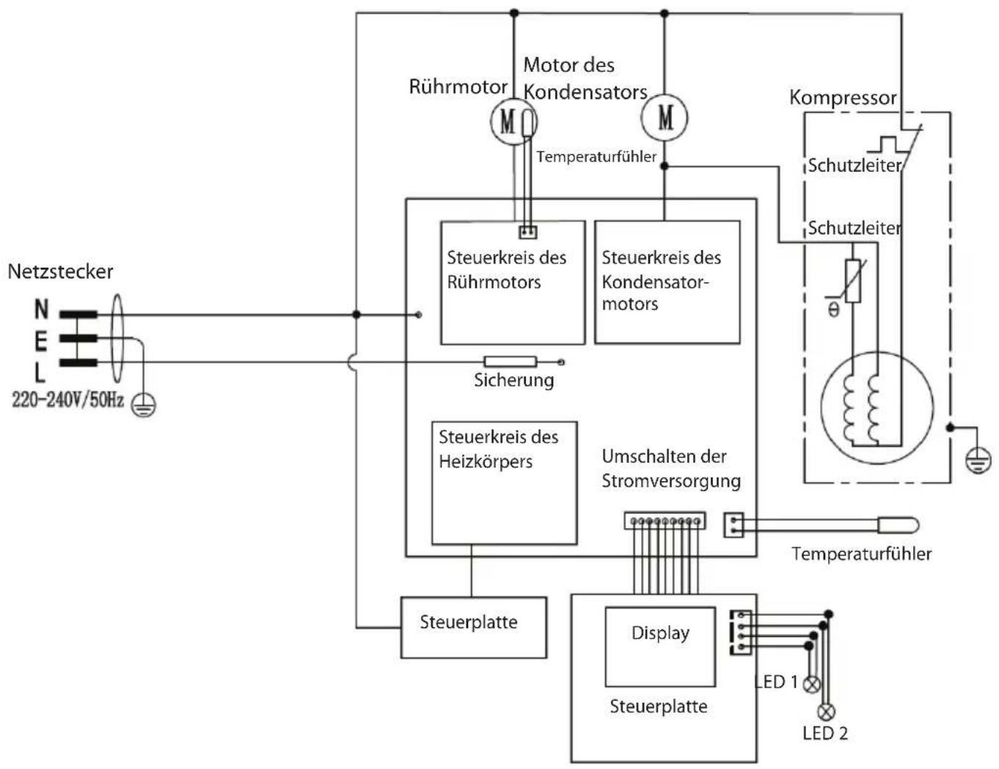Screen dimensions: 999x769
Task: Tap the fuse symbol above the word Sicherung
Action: pos(510,362)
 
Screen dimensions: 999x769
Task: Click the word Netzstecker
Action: pos(60,271)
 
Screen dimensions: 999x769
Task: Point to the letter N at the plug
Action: pos(41,309)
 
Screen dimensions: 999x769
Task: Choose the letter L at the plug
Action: pos(40,372)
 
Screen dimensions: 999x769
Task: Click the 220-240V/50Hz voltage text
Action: pos(67,400)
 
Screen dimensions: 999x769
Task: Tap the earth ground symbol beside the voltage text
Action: pos(144,405)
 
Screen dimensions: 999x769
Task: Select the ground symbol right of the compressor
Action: pos(978,462)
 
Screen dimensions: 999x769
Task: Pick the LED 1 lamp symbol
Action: pos(811,685)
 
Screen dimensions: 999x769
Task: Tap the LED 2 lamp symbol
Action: pos(826,712)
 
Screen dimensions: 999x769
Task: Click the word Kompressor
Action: pos(843,98)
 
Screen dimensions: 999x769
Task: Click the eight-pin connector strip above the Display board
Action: pos(665,521)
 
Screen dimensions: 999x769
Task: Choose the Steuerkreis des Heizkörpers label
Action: pos(498,449)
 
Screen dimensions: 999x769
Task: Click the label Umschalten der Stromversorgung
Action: pos(671,469)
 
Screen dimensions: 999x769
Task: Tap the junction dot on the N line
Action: pos(356,315)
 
